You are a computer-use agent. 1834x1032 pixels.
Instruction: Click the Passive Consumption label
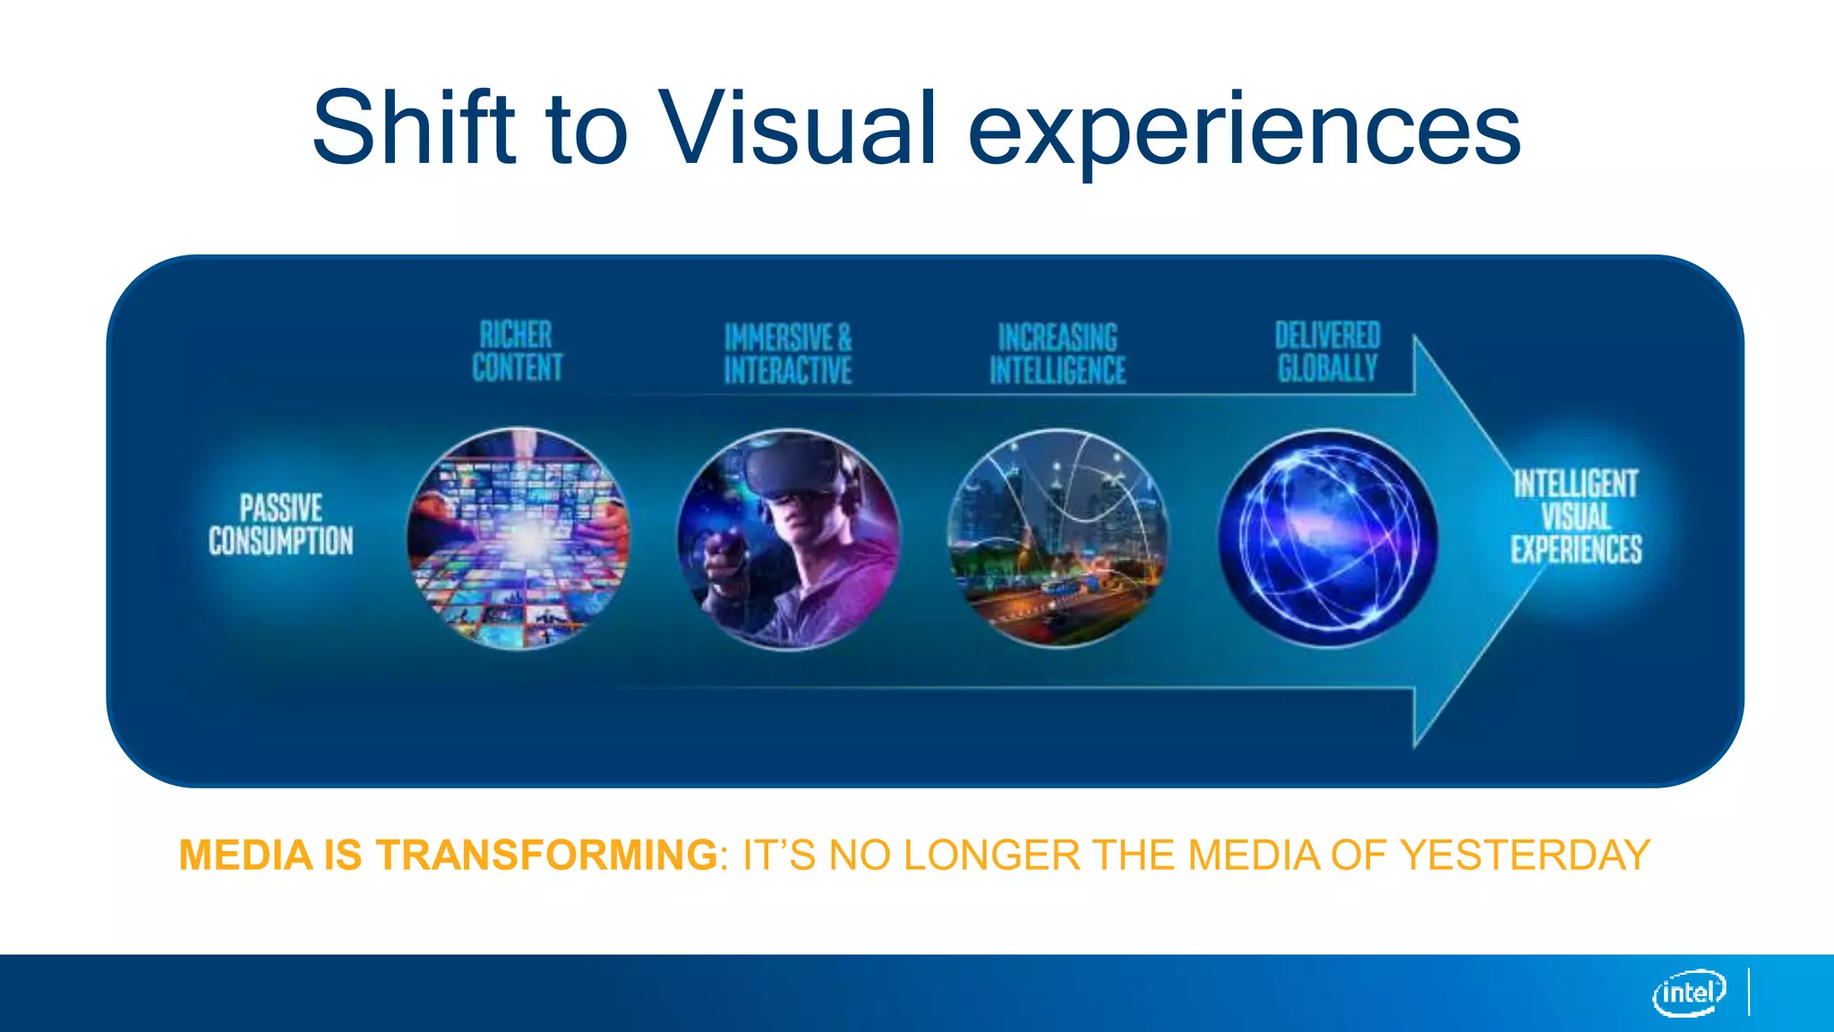[x=281, y=524]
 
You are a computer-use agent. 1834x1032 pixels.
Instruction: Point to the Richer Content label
[x=518, y=351]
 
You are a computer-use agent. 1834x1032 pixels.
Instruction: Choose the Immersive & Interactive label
[x=788, y=354]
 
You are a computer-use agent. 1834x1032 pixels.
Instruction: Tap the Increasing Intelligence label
[x=1058, y=354]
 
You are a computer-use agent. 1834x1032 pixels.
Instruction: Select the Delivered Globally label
[x=1327, y=351]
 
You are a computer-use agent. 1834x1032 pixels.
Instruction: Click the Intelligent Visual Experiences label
[x=1576, y=517]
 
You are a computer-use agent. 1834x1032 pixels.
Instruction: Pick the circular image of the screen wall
[x=518, y=538]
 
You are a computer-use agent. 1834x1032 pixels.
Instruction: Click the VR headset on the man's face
[x=789, y=470]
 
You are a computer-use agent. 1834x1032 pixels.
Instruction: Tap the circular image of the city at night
[x=1058, y=538]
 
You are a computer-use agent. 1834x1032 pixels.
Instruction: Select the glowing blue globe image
[x=1328, y=538]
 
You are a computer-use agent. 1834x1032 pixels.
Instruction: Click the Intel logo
[x=1689, y=993]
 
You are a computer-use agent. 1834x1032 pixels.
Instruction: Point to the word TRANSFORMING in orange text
[x=546, y=855]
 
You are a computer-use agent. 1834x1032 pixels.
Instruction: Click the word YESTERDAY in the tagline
[x=1525, y=855]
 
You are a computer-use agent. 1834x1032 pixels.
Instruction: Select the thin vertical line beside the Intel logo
[x=1749, y=992]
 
